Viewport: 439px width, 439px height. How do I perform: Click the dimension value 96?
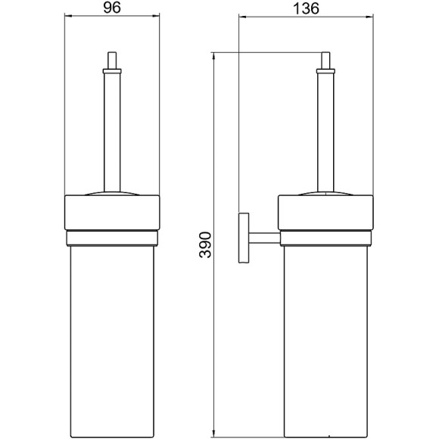112,8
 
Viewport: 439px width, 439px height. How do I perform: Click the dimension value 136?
306,8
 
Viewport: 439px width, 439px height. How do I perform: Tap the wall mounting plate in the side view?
244,238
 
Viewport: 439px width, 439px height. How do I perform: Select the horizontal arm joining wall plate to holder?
265,238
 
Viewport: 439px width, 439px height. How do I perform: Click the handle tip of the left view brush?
112,61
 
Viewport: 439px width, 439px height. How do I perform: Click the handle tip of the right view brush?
325,61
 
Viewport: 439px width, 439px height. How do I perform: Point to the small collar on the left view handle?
112,71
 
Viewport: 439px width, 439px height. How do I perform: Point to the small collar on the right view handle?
325,71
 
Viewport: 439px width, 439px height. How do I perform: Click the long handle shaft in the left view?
112,132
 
